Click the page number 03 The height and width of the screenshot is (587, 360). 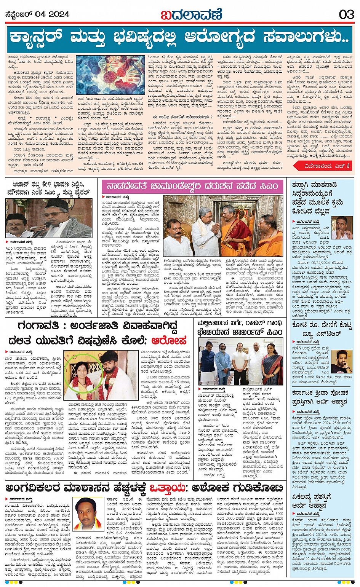click(346, 14)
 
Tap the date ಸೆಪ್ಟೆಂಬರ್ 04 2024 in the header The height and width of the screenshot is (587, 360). click(38, 14)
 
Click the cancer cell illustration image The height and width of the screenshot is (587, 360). click(110, 75)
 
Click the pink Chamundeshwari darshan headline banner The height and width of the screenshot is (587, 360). click(192, 187)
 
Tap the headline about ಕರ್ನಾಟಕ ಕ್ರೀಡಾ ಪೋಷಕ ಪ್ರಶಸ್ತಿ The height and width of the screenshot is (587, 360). click(320, 397)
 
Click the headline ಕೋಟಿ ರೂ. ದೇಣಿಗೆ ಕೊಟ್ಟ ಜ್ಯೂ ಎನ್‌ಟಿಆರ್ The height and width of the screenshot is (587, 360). click(322, 330)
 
